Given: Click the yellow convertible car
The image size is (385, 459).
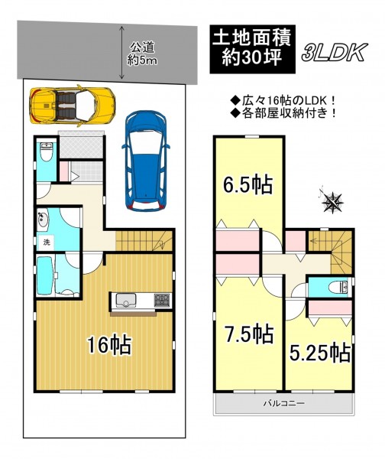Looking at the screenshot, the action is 73,106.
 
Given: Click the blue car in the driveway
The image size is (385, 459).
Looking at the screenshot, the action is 146,161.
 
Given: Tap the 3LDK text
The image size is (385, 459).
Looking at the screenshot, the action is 335,53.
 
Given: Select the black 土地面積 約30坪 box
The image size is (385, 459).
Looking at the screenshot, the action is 253,49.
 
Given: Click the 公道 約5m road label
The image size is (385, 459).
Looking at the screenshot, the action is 142,54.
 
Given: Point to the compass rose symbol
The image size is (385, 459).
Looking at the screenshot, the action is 332,201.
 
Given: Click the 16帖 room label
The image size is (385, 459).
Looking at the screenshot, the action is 110,346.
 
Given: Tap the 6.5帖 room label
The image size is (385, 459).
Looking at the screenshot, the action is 248,184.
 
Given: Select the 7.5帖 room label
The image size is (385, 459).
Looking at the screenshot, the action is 248,334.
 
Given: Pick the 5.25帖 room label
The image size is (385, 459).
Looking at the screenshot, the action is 320,353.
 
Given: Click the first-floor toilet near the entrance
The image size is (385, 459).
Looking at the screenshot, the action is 46,151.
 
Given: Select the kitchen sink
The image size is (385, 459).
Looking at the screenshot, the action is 126,300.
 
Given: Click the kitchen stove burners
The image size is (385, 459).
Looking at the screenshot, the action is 162,301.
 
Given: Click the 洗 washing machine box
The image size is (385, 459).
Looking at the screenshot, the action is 47,243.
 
